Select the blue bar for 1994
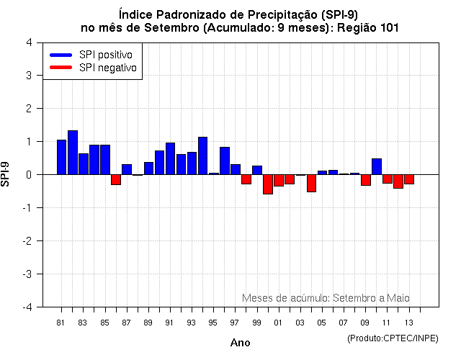point(202,156)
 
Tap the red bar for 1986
point(116,179)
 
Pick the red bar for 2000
point(268,184)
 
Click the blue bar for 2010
point(377,166)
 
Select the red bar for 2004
point(311,183)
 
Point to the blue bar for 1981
point(62,157)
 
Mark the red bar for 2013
point(409,179)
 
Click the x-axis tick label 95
point(212,323)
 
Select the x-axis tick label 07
point(343,323)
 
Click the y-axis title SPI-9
point(6,174)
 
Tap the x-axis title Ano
point(240,343)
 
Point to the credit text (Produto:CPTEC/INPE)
point(392,338)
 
